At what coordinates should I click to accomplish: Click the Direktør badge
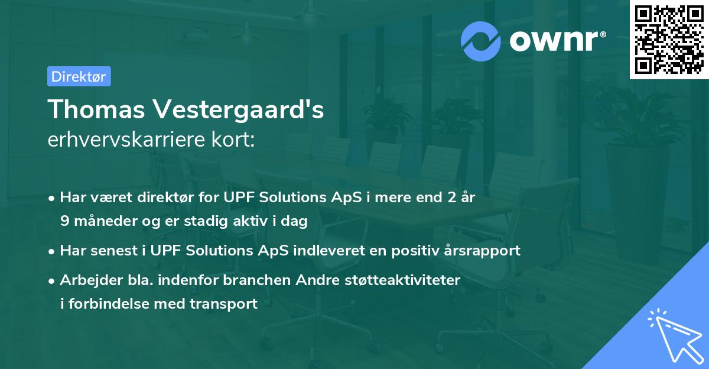79,76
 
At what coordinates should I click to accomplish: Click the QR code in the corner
669,39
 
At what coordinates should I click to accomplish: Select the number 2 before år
453,198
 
